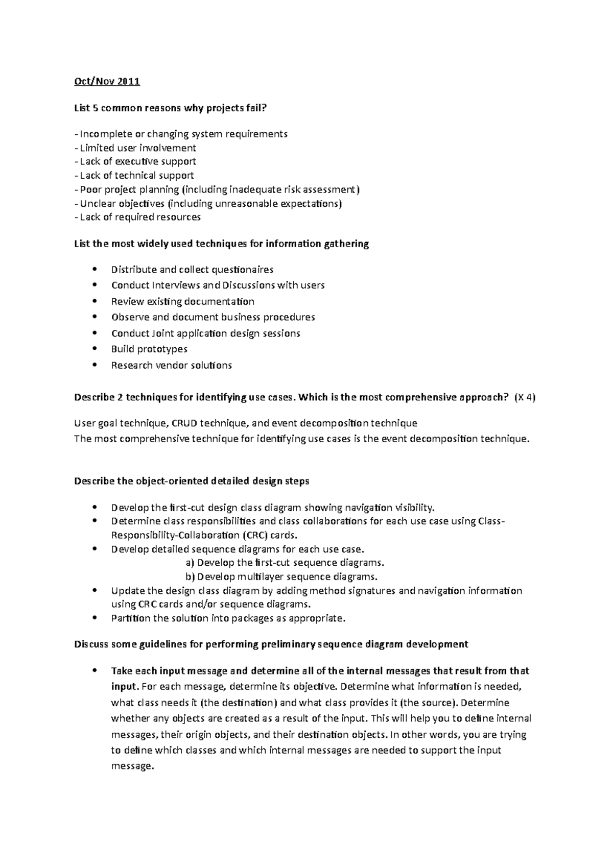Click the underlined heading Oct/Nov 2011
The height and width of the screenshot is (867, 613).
(x=107, y=81)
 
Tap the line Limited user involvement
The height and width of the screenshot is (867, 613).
(x=137, y=148)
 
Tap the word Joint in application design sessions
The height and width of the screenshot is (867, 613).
(x=163, y=333)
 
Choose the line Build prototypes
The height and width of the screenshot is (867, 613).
(x=149, y=349)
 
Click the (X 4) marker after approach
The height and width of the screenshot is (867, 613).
(x=525, y=398)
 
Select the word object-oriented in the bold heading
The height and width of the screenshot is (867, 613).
(x=172, y=481)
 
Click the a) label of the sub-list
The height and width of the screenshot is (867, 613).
(x=190, y=563)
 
